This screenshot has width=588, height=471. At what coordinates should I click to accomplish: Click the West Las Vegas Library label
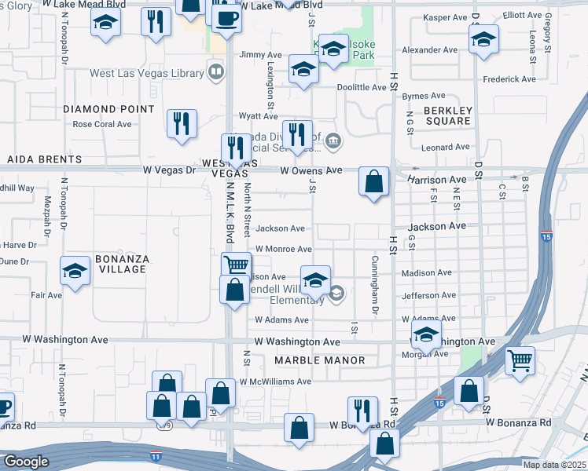click(x=147, y=73)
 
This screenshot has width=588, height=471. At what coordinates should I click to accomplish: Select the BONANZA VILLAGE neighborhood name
click(x=121, y=264)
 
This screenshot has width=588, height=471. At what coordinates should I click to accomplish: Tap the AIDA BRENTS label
click(x=44, y=159)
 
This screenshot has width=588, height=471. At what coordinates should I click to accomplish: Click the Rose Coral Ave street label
click(x=102, y=124)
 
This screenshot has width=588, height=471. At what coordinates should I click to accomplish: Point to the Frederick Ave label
click(x=509, y=79)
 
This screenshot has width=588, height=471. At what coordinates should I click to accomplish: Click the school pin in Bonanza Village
click(x=75, y=272)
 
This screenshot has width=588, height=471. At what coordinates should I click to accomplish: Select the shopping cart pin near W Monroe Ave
click(x=236, y=265)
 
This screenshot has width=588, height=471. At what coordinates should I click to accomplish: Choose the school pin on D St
click(x=483, y=37)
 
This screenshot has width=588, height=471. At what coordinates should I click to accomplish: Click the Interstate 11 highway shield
click(x=158, y=455)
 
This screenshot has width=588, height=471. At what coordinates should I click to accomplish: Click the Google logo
click(x=26, y=462)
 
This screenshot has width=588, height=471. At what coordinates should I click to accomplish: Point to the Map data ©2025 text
click(x=555, y=465)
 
